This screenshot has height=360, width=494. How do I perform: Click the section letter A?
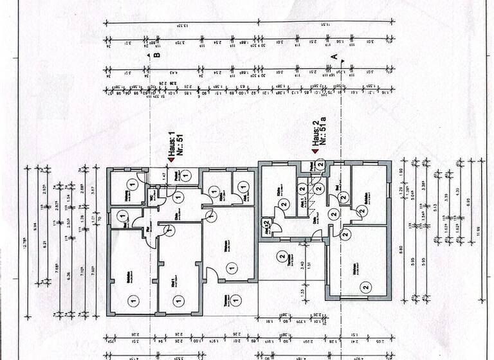coord(333,57)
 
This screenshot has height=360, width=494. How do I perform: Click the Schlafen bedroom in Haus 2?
coord(368,193)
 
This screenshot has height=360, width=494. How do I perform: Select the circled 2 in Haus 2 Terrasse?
coord(281,257)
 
